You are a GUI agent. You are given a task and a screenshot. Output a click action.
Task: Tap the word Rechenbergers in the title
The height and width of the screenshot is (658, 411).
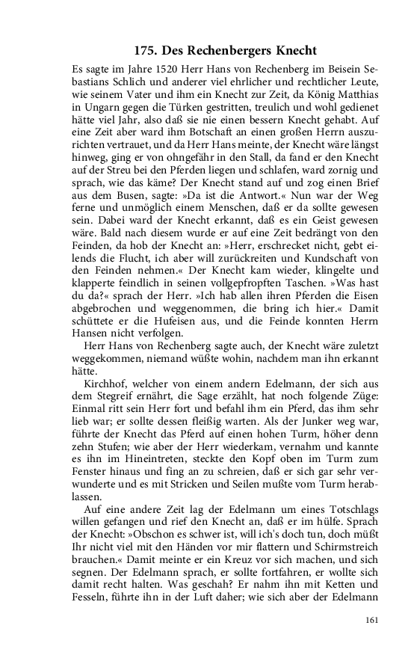pos(230,51)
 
